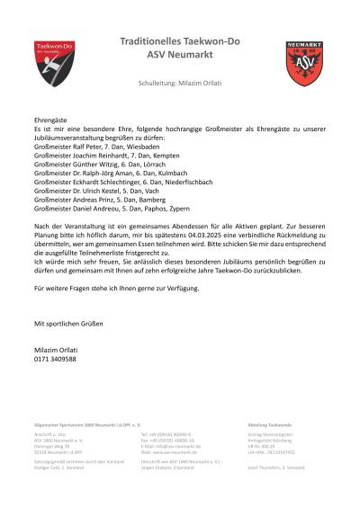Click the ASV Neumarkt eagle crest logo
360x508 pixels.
pyautogui.click(x=304, y=62)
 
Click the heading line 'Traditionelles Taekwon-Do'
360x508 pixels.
pyautogui.click(x=180, y=41)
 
